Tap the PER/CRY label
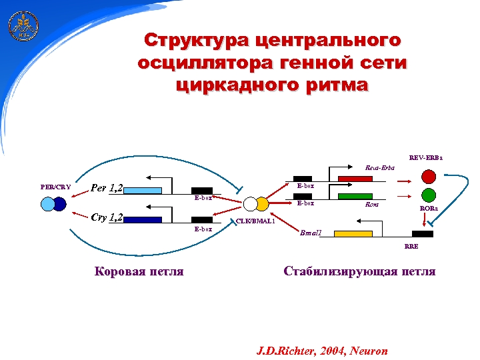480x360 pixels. [55, 187]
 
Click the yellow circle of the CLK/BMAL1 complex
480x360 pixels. [263, 203]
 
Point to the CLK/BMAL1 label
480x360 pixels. [256, 221]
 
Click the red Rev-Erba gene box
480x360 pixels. [355, 179]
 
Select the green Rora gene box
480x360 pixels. [355, 196]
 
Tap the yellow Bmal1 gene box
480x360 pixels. [353, 233]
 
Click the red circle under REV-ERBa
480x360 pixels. [429, 177]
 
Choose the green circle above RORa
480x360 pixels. [429, 195]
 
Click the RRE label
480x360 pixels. [411, 247]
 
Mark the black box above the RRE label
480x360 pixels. [422, 233]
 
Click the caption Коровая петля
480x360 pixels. [139, 271]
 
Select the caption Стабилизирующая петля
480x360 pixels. [359, 271]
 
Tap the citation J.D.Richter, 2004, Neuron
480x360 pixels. [322, 351]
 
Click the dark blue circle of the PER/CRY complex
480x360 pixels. [60, 204]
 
